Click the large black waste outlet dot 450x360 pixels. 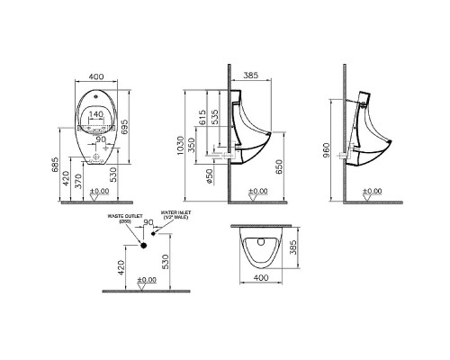coord(142,244)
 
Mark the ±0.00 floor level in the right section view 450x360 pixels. coord(372,191)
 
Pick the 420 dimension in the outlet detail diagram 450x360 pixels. coord(121,267)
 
